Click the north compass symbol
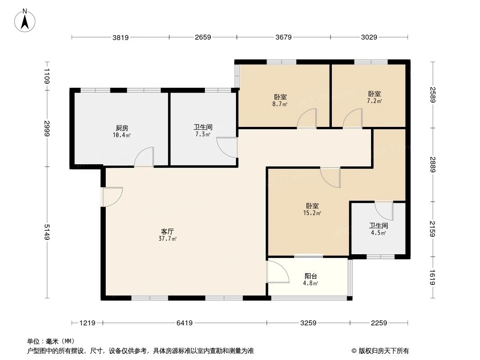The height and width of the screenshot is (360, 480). [25, 20]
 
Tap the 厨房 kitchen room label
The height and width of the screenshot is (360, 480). [122, 127]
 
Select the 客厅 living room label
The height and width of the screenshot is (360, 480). [164, 231]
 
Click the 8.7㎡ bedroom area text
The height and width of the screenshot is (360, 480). [280, 103]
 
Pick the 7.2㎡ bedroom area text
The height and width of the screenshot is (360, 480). [375, 101]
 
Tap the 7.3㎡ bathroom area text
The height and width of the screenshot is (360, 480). [203, 135]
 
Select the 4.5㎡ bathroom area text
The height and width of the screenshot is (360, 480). [379, 233]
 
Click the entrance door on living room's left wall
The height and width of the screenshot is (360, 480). [111, 197]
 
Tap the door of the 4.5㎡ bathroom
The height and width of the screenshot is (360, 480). [384, 211]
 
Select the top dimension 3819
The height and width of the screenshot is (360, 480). [121, 37]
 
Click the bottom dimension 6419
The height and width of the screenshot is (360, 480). [185, 323]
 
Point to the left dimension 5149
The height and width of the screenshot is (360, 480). [47, 232]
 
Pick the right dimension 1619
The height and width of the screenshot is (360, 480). [433, 277]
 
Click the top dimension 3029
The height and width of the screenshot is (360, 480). [369, 37]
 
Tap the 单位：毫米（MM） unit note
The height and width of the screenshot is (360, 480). [50, 341]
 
